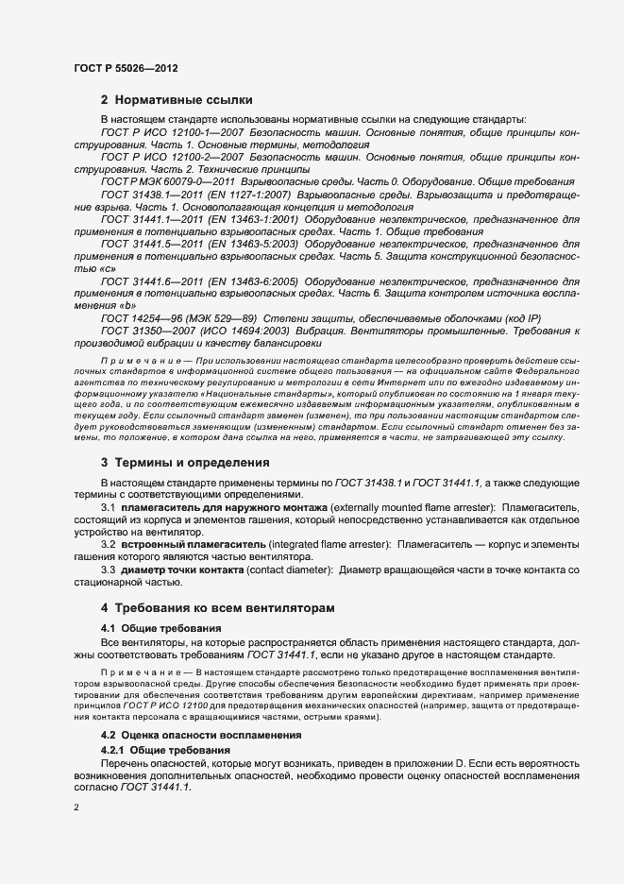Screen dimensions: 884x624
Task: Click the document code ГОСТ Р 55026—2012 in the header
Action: pyautogui.click(x=126, y=70)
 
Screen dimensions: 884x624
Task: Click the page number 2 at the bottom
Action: pyautogui.click(x=76, y=807)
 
